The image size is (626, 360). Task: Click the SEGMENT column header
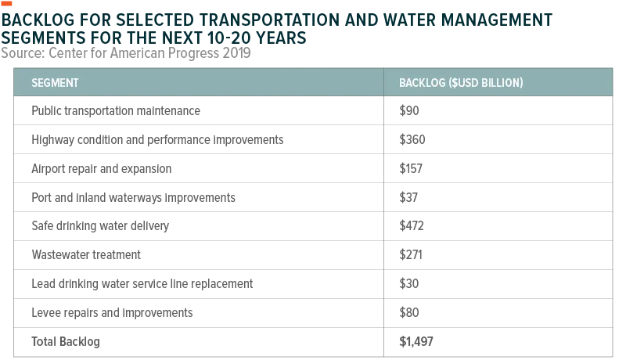[55, 83]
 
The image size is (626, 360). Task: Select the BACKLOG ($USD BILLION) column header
[461, 83]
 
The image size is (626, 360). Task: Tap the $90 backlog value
[409, 110]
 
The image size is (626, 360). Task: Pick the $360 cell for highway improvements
[412, 139]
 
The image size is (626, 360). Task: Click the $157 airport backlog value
[411, 168]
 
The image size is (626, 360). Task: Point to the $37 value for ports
[408, 197]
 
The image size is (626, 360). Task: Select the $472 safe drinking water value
[412, 226]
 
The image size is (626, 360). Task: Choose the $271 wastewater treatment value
[411, 254]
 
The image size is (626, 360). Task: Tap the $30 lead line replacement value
[409, 284]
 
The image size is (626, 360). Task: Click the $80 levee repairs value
[409, 312]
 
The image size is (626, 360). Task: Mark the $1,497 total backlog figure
[416, 342]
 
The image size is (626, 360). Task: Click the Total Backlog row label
[66, 342]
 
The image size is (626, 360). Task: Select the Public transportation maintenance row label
[116, 110]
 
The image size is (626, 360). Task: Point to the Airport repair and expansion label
[102, 168]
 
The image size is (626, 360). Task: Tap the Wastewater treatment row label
[86, 254]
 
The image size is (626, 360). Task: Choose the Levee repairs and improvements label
[112, 312]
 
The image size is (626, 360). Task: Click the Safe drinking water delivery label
[100, 226]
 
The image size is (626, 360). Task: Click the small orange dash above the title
[6, 4]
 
